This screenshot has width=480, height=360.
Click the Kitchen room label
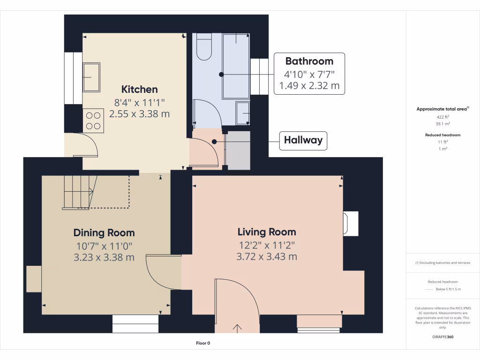pos(139,89)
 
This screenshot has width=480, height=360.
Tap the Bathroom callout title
pos(309,61)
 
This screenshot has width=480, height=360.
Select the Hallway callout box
pos(303,140)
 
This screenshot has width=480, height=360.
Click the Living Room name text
pos(267,232)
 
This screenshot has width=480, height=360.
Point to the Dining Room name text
pos(104,232)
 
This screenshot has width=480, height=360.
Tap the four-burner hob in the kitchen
pos(93,120)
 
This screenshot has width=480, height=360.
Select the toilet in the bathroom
pos(204,47)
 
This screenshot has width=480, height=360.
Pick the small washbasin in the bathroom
pos(242,113)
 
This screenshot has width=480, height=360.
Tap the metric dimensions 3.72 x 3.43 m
pos(267,256)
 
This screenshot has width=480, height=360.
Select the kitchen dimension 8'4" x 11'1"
pos(139,102)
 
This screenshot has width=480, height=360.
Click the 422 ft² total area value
pos(443,117)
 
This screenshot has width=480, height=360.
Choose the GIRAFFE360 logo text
pos(443,337)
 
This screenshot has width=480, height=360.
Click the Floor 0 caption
pos(203,343)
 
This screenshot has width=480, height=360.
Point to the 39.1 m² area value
pos(443,124)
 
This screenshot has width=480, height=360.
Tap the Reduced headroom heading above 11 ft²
pos(443,135)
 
